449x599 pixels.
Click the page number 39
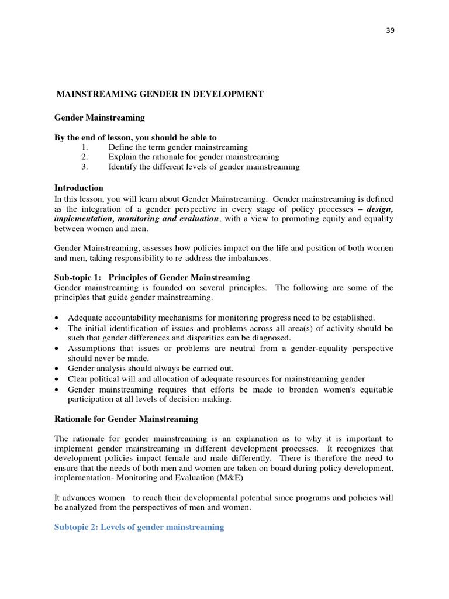point(390,31)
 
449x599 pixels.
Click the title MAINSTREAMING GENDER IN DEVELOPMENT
point(160,94)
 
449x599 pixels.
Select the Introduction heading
point(79,188)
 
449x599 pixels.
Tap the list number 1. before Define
point(84,147)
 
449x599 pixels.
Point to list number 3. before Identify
point(84,167)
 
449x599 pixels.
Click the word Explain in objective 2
point(123,157)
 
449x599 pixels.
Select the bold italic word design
point(379,209)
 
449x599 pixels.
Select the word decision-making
point(203,400)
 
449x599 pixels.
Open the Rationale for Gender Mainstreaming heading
point(126,419)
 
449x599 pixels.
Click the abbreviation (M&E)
point(221,477)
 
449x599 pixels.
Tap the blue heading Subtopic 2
point(139,527)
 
